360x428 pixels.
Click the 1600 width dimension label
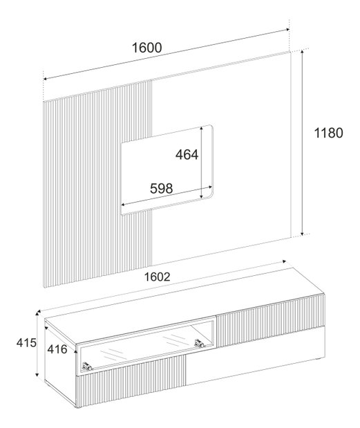click(x=146, y=48)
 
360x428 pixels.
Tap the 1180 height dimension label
click(x=328, y=133)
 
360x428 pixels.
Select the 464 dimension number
click(x=187, y=154)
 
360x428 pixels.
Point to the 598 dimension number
click(x=162, y=188)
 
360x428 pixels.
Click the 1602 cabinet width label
click(x=157, y=277)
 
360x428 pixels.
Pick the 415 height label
click(x=26, y=343)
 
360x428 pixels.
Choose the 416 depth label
click(x=57, y=349)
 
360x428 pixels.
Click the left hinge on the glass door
click(x=87, y=366)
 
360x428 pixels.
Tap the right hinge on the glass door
click(x=199, y=343)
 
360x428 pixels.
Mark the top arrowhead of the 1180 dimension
click(x=302, y=52)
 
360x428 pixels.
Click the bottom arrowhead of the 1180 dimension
click(x=302, y=233)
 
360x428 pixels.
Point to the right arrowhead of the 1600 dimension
click(x=287, y=30)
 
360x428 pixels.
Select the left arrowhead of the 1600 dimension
click(x=46, y=79)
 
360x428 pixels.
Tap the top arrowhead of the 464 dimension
click(x=201, y=129)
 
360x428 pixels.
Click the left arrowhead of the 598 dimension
click(x=123, y=205)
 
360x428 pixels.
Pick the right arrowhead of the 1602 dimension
click(x=284, y=261)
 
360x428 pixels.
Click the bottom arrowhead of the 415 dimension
click(x=37, y=374)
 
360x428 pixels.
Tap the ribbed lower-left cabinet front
click(x=131, y=382)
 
